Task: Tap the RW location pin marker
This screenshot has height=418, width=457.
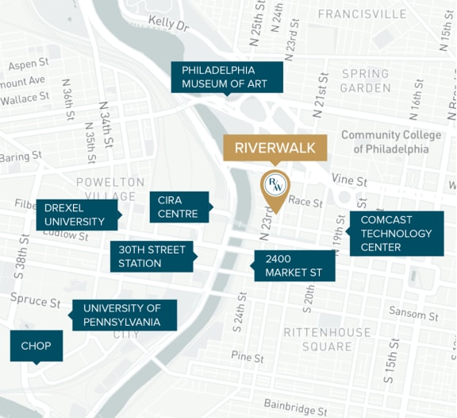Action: pyautogui.click(x=275, y=188)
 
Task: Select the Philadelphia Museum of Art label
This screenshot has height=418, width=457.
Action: pyautogui.click(x=226, y=77)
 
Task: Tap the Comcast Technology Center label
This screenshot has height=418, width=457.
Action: pyautogui.click(x=396, y=234)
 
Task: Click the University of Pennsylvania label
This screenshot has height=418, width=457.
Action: pyautogui.click(x=124, y=315)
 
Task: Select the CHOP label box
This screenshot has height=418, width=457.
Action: pyautogui.click(x=36, y=346)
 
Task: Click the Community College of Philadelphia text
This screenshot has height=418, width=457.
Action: pyautogui.click(x=391, y=141)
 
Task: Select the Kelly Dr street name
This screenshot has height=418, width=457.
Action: pyautogui.click(x=168, y=25)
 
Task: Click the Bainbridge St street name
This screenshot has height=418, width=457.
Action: pyautogui.click(x=295, y=407)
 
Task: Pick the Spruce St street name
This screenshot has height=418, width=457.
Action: pyautogui.click(x=36, y=300)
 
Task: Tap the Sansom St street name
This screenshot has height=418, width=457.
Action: pyautogui.click(x=413, y=314)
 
